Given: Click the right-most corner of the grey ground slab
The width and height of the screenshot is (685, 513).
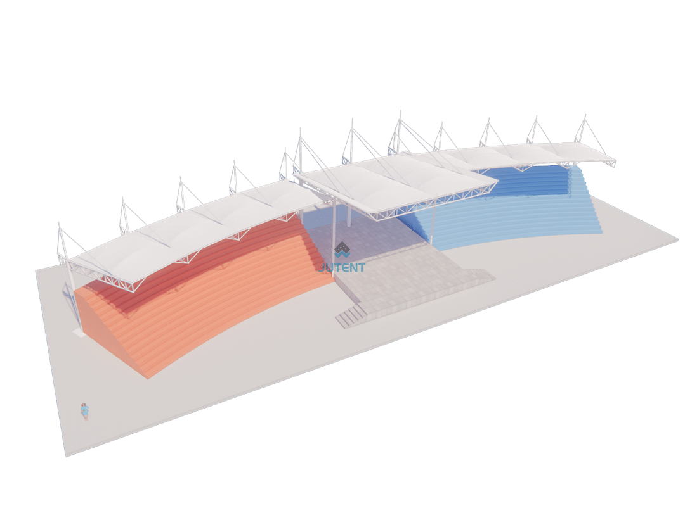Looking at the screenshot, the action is click(679, 239).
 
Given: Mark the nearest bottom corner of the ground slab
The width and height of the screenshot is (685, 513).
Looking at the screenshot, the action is click(66, 456).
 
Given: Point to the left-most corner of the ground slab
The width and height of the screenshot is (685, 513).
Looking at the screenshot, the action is click(36, 270).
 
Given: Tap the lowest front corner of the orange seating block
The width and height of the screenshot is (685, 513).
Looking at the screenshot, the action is click(148, 378).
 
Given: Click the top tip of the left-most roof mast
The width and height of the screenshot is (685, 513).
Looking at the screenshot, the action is click(58, 222).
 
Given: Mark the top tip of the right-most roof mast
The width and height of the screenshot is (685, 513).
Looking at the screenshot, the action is click(585, 115).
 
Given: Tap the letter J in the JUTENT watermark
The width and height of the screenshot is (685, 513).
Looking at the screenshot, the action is click(322, 267).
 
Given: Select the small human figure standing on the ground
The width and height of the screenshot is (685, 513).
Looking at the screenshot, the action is click(85, 412).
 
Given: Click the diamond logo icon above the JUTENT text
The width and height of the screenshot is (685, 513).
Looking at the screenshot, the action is click(342, 250).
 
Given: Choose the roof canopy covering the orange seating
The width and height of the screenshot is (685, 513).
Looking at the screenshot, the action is click(192, 231).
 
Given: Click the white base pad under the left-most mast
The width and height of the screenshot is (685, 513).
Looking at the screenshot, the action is click(79, 332).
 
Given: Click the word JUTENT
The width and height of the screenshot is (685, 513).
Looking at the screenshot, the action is click(342, 267).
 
